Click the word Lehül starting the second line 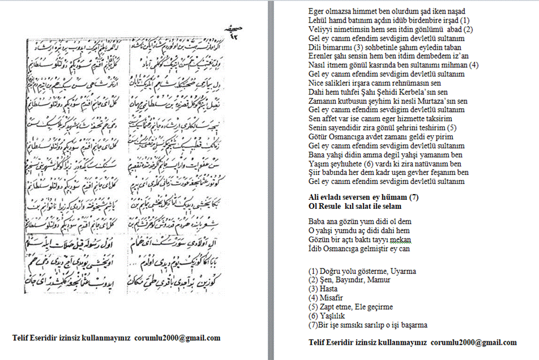click(318, 20)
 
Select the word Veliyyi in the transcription click(319, 29)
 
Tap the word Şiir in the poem click(315, 172)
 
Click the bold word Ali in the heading click(314, 196)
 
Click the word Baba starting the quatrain click(317, 221)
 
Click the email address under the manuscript click(177, 338)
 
